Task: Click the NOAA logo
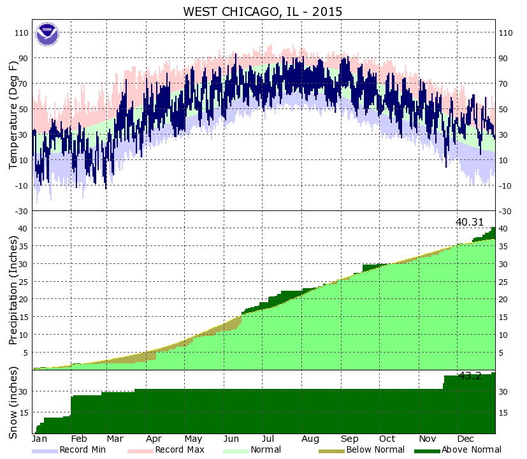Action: pyautogui.click(x=47, y=34)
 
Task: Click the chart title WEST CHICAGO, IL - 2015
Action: pyautogui.click(x=263, y=11)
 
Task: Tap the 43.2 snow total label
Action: pyautogui.click(x=470, y=375)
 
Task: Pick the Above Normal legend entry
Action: pyautogui.click(x=462, y=450)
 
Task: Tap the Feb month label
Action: pyautogui.click(x=79, y=439)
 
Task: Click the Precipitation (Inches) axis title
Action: pyautogui.click(x=13, y=290)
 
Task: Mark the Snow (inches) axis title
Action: pyautogui.click(x=13, y=403)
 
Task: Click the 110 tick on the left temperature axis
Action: pyautogui.click(x=21, y=33)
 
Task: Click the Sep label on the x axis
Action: pyautogui.click(x=349, y=439)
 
